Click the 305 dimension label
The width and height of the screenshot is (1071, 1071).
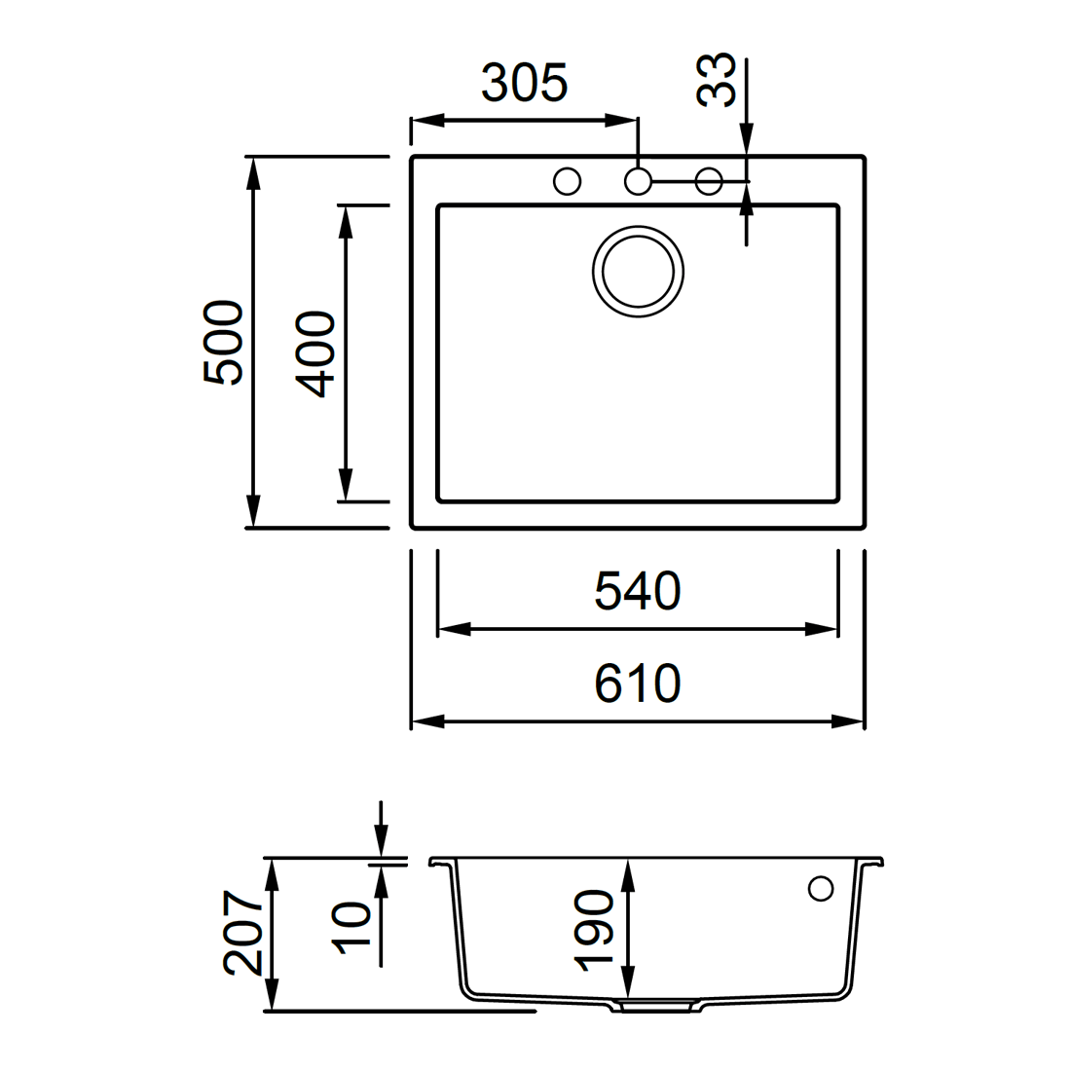[x=524, y=83]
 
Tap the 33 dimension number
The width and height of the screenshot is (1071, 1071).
[x=716, y=80]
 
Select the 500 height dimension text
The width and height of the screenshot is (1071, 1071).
[x=223, y=342]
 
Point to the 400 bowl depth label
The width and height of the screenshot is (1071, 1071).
[x=314, y=353]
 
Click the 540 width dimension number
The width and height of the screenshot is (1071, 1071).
[x=638, y=591]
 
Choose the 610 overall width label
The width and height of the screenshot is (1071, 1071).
[x=638, y=683]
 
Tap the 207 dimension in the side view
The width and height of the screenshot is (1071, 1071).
[x=242, y=932]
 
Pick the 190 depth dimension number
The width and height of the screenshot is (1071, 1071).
[x=594, y=930]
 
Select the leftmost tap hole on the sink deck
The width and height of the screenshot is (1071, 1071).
[x=567, y=182]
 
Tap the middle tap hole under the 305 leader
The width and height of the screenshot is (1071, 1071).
[x=638, y=182]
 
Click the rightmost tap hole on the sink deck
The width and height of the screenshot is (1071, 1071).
[x=709, y=182]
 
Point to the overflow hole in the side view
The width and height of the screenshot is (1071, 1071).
[x=821, y=889]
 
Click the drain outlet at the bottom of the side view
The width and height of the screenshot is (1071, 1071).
[x=655, y=1006]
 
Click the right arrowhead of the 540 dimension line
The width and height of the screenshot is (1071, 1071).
[x=821, y=629]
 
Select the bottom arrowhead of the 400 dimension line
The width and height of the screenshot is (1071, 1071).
[x=346, y=484]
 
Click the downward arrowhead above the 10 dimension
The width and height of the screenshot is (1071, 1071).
[x=381, y=841]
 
